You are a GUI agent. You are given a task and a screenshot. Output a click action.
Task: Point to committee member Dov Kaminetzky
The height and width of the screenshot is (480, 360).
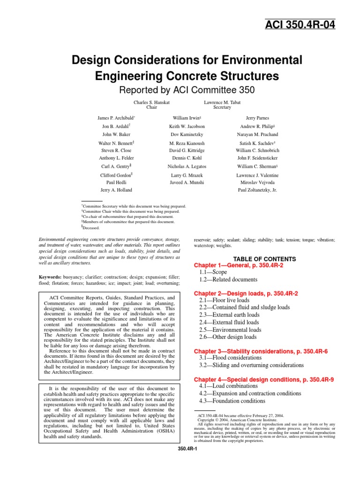[x=187, y=135]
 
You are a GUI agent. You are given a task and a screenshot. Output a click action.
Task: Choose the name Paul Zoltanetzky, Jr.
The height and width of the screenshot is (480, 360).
[x=257, y=190]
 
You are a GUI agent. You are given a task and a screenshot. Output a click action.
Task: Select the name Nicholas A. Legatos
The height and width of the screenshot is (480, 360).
[x=187, y=166]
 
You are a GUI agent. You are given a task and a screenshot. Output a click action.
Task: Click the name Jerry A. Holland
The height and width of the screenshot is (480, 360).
[x=116, y=190]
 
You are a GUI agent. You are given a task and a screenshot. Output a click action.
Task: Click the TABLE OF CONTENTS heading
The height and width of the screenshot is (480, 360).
[x=265, y=259]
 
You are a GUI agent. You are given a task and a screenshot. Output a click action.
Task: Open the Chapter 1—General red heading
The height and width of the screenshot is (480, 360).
[x=245, y=265]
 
